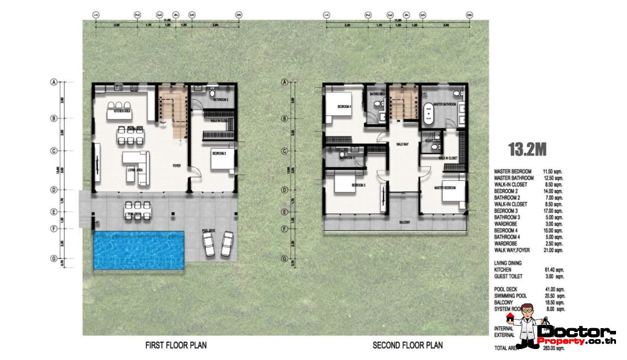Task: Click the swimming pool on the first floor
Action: [x=138, y=250]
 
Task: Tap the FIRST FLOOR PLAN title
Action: [x=176, y=346]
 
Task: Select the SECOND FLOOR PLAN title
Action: [x=408, y=346]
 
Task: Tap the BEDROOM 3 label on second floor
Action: [x=359, y=185]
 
